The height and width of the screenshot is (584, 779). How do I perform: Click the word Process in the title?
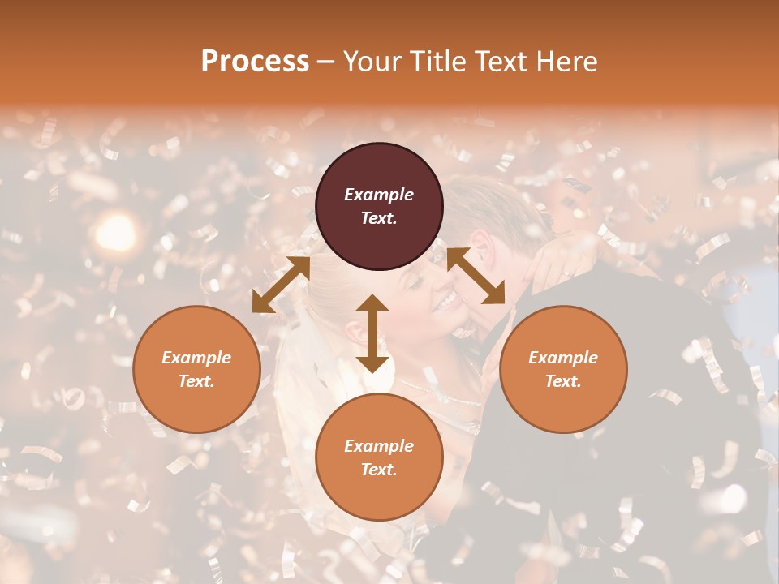[x=255, y=62]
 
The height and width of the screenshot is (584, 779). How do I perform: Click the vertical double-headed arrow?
[x=372, y=333]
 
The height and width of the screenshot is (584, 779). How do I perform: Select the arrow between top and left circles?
[x=281, y=285]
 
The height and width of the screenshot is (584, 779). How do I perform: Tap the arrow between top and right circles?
[x=476, y=276]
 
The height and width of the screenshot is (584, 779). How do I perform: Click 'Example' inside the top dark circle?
[x=379, y=195]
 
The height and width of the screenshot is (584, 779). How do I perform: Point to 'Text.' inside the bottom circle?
[x=379, y=470]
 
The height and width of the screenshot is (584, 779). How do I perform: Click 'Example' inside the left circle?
[x=196, y=358]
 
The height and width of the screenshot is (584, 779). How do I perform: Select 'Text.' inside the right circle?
[x=563, y=381]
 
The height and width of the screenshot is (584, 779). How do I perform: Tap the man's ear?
[x=481, y=245]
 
